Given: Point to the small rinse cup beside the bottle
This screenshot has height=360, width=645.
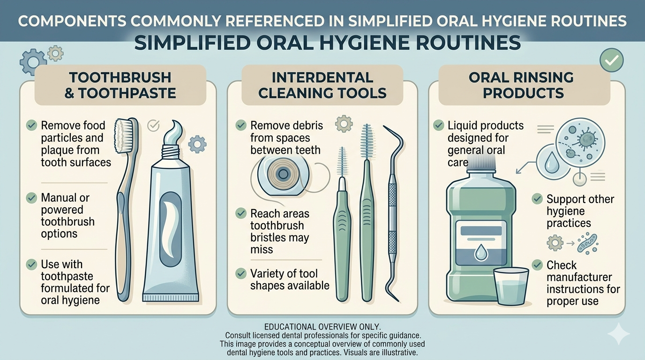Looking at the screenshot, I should [511, 286].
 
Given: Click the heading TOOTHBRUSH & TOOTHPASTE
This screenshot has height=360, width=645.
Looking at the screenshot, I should [120, 85].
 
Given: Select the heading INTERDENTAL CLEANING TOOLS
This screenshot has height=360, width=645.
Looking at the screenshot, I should [322, 85].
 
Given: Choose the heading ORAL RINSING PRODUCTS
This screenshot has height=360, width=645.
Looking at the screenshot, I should [524, 85].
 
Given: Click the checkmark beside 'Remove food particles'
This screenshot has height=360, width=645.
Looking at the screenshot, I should [31, 125].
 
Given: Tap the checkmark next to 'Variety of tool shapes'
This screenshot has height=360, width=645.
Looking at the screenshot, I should [241, 273].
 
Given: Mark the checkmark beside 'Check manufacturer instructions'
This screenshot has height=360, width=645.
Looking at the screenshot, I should [537, 265].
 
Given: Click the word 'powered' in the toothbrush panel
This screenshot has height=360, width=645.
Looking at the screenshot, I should [62, 210].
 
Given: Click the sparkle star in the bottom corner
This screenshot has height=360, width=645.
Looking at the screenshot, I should [619, 334].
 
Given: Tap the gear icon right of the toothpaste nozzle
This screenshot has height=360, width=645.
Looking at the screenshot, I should [197, 143].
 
